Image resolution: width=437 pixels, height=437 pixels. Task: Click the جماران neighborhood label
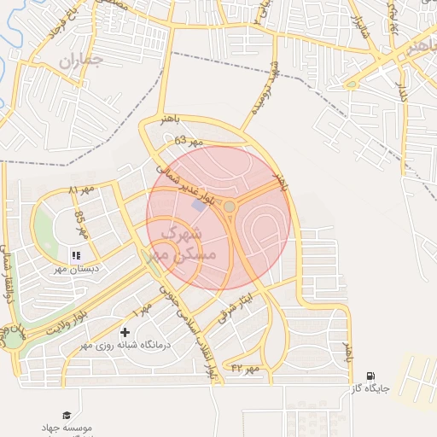coord(81,61)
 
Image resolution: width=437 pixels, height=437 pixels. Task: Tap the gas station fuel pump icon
coord(370,375)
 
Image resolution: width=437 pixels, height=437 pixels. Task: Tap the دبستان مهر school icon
coord(76,254)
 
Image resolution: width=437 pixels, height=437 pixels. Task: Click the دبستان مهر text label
coord(77,268)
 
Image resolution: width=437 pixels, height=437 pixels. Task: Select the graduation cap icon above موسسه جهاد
coord(67,414)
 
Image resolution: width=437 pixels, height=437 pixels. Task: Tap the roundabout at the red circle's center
coord(229,207)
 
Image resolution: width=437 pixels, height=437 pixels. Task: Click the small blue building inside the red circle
coord(199,206)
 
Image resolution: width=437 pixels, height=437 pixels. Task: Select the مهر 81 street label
coord(84,187)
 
